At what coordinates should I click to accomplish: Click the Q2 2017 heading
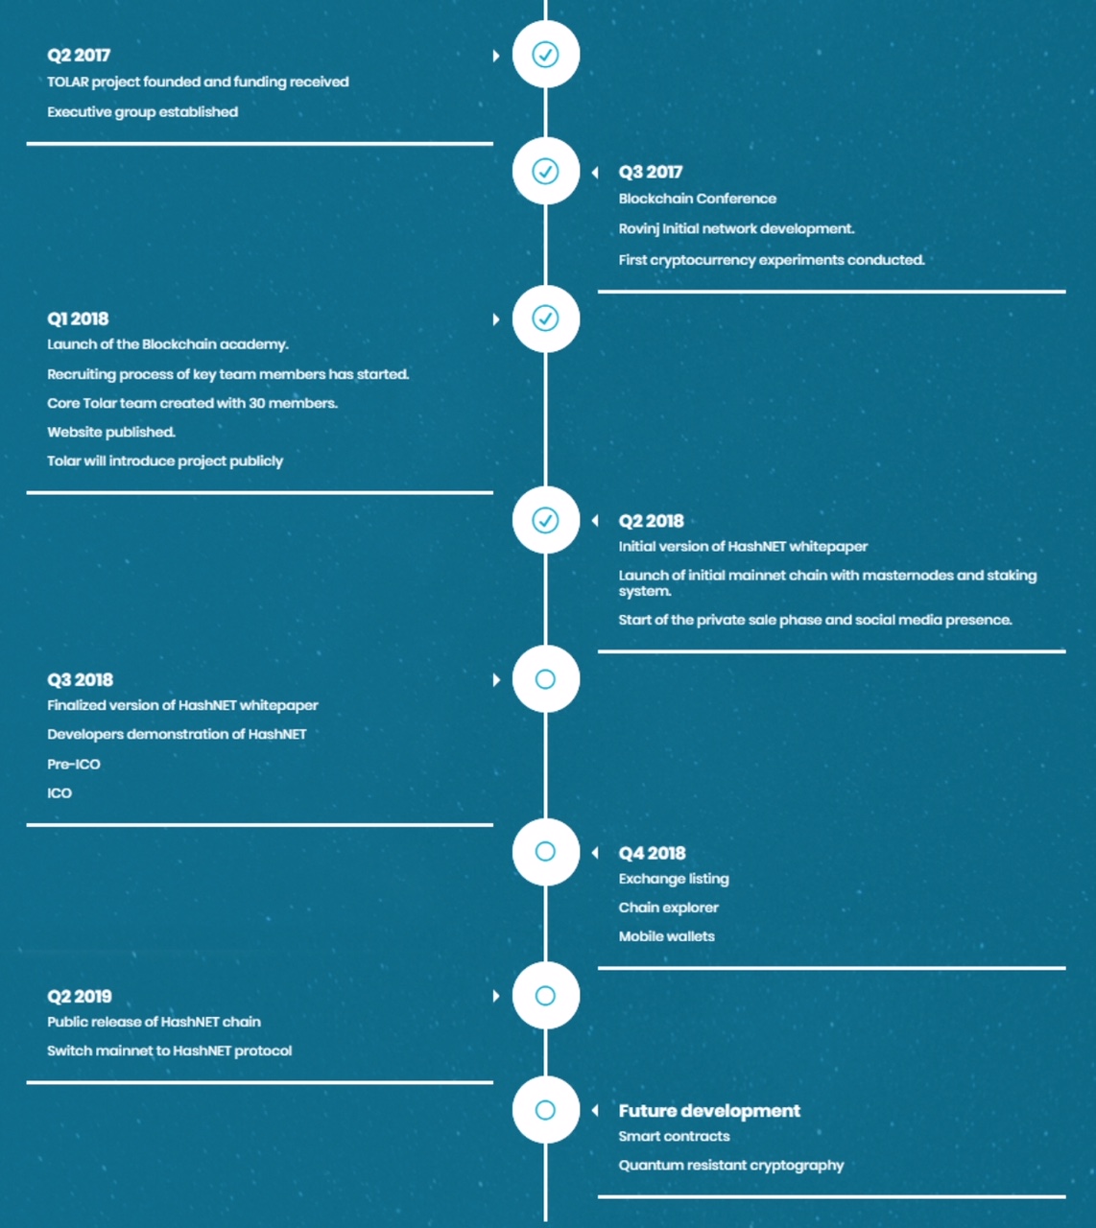tap(79, 55)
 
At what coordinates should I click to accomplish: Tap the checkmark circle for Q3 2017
tap(545, 171)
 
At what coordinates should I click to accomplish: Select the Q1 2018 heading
tap(79, 319)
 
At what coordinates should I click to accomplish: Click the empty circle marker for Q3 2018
tap(545, 679)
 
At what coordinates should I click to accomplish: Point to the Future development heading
tap(709, 1110)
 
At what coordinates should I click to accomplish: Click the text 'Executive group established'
tap(143, 111)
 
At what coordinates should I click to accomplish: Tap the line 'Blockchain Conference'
tap(698, 199)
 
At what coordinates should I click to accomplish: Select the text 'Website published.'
tap(111, 432)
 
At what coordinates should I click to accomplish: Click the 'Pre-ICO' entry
tap(74, 764)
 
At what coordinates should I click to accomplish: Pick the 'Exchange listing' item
tap(674, 879)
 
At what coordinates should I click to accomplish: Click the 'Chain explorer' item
tap(668, 908)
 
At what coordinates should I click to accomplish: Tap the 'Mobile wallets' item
tap(667, 936)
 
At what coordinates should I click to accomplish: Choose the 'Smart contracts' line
tap(674, 1137)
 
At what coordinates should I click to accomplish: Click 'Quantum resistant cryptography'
tap(731, 1166)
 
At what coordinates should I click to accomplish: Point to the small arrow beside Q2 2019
tap(497, 996)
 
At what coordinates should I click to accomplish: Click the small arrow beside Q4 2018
tap(595, 853)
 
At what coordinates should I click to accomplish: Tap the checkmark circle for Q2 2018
tap(545, 520)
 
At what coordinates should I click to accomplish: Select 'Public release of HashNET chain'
tap(155, 1022)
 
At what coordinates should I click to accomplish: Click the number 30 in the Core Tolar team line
tap(256, 403)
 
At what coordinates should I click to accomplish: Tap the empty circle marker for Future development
tap(545, 1110)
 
